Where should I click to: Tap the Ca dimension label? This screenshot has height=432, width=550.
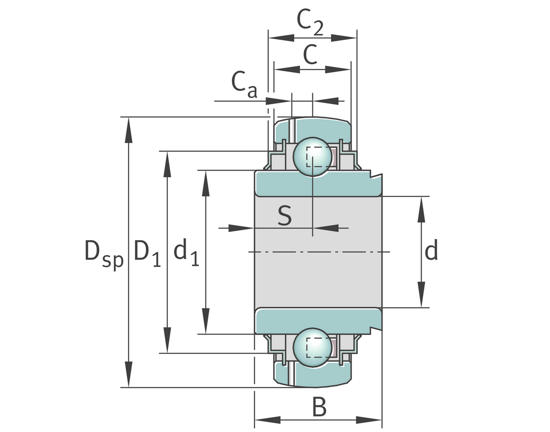click(244, 84)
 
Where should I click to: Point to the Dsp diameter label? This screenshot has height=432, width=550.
click(104, 253)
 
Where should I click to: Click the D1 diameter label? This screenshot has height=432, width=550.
click(147, 253)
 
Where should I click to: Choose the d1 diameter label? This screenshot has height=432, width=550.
click(186, 252)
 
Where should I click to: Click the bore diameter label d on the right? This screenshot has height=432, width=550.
click(431, 252)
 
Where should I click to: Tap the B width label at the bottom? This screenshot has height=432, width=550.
click(319, 407)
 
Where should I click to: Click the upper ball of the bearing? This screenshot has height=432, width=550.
click(312, 157)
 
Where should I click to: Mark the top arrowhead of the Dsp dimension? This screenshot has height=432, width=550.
click(129, 126)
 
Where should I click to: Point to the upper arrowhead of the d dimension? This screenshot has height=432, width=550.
click(421, 206)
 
